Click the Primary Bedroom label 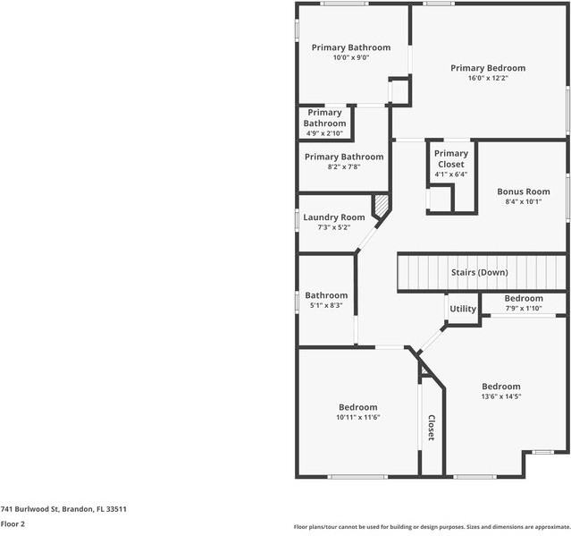pyautogui.click(x=487, y=68)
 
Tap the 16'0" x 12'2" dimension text pyautogui.click(x=487, y=78)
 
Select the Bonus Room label pyautogui.click(x=524, y=191)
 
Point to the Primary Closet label pyautogui.click(x=451, y=158)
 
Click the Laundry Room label pyautogui.click(x=333, y=217)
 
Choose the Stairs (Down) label pyautogui.click(x=480, y=272)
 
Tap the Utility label pyautogui.click(x=463, y=309)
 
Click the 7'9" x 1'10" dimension pyautogui.click(x=524, y=309)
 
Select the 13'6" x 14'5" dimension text pyautogui.click(x=500, y=396)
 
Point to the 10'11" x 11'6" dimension pyautogui.click(x=357, y=417)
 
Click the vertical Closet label pyautogui.click(x=431, y=428)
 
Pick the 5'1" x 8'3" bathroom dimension pyautogui.click(x=326, y=305)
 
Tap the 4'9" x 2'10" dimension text pyautogui.click(x=324, y=133)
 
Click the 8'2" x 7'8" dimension pyautogui.click(x=343, y=166)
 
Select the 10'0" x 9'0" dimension pyautogui.click(x=350, y=57)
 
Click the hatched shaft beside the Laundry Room pyautogui.click(x=382, y=207)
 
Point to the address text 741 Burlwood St pyautogui.click(x=63, y=509)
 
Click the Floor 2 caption pyautogui.click(x=12, y=523)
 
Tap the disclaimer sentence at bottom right pyautogui.click(x=432, y=527)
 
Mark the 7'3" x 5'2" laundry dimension pyautogui.click(x=333, y=227)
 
